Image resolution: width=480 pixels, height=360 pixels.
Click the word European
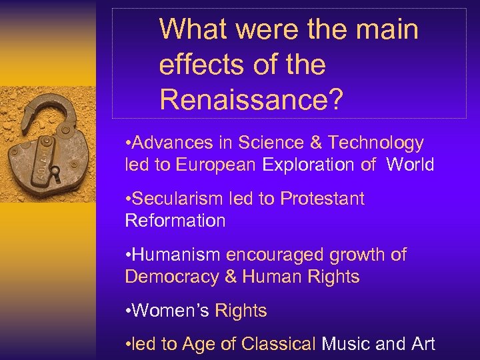point(216,165)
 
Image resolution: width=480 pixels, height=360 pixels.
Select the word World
point(410,165)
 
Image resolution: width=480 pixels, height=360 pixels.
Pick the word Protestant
point(323,199)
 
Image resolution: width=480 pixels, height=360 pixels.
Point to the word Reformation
point(175,221)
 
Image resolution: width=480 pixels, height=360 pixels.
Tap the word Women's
point(171,311)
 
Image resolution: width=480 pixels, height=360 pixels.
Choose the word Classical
point(279,344)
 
